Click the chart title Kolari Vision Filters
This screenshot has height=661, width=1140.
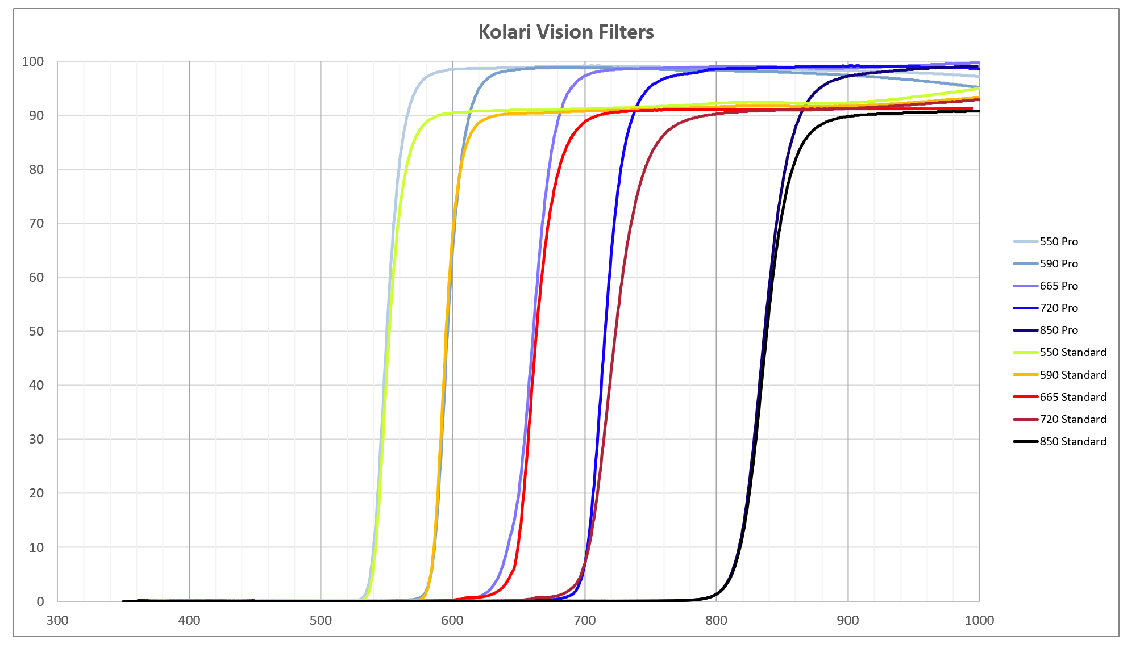click(565, 32)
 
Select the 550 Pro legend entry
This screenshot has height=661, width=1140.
click(1058, 241)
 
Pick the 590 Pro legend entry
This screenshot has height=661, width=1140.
click(1058, 263)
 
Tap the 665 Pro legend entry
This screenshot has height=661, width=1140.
click(1058, 286)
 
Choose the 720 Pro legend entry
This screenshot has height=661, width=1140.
click(1058, 308)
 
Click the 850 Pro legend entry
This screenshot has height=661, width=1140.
click(1058, 330)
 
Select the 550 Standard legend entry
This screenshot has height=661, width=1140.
click(1072, 352)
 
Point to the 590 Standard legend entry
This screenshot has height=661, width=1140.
click(1072, 375)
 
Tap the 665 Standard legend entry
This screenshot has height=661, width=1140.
click(1072, 397)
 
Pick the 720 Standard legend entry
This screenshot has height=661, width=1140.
click(1072, 419)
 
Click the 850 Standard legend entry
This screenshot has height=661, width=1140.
click(1072, 441)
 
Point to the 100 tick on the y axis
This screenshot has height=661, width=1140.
click(32, 61)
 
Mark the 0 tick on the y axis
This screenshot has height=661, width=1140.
click(40, 601)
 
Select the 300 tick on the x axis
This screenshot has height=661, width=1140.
click(57, 620)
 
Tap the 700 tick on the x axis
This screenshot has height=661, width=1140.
click(584, 620)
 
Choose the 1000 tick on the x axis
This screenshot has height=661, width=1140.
click(979, 620)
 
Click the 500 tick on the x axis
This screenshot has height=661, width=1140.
click(321, 620)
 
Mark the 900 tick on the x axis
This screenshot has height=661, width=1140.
click(847, 620)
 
